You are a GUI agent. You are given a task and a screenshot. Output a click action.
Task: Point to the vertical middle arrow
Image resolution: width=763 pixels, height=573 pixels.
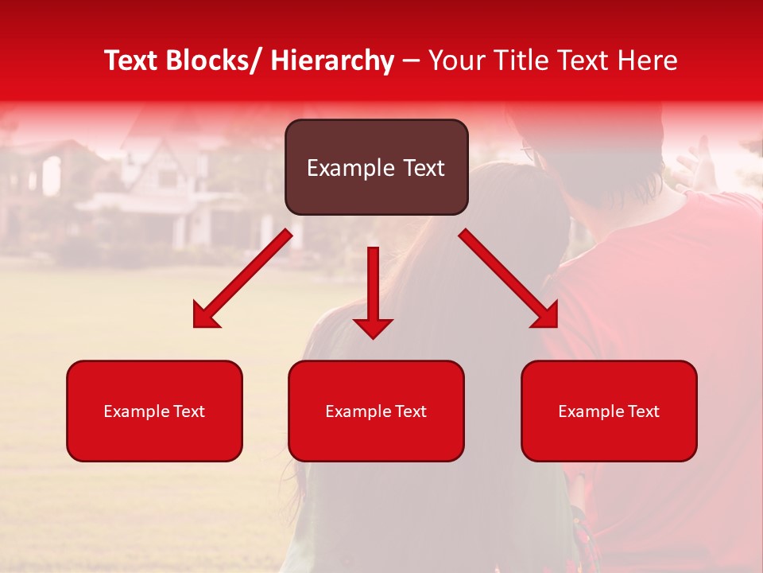click(x=373, y=286)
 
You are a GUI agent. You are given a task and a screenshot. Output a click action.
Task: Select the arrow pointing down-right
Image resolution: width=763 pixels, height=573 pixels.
click(x=509, y=279)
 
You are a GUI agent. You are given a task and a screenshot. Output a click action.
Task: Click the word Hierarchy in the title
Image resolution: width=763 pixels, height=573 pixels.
click(x=332, y=60)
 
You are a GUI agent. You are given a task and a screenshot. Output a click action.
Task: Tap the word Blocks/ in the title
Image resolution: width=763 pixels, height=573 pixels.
click(x=214, y=60)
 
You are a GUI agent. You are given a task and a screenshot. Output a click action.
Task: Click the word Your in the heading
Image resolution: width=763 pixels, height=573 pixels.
click(x=455, y=60)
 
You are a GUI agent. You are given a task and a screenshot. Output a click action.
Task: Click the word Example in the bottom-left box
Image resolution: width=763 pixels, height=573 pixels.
click(x=131, y=411)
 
